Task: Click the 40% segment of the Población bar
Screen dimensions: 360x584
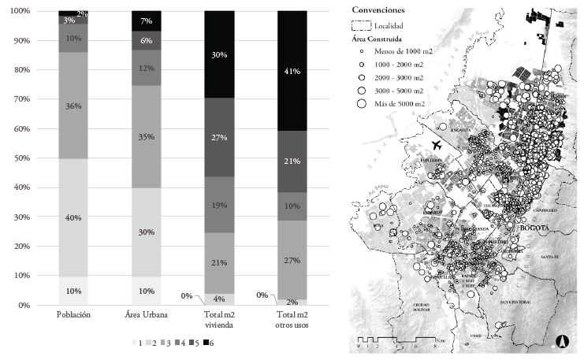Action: pyautogui.click(x=73, y=217)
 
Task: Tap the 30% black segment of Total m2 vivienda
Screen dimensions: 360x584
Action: pyautogui.click(x=219, y=54)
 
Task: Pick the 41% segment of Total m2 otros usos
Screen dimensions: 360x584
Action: pyautogui.click(x=292, y=71)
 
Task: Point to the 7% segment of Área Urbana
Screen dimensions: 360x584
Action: pyautogui.click(x=146, y=20)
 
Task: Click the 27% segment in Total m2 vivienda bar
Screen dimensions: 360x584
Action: pyautogui.click(x=219, y=137)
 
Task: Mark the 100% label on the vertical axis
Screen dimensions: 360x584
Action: pyautogui.click(x=19, y=11)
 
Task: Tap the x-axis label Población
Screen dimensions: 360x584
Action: pyautogui.click(x=73, y=315)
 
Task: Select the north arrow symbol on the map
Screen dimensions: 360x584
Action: pyautogui.click(x=563, y=342)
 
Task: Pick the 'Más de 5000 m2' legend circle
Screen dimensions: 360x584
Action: pyautogui.click(x=363, y=103)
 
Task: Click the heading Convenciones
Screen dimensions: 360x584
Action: pyautogui.click(x=379, y=10)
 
